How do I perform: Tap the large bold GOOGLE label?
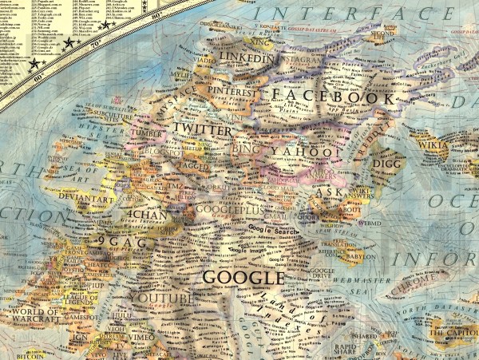(x=243, y=278)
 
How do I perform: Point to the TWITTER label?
(x=202, y=129)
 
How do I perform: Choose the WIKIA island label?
(x=455, y=145)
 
